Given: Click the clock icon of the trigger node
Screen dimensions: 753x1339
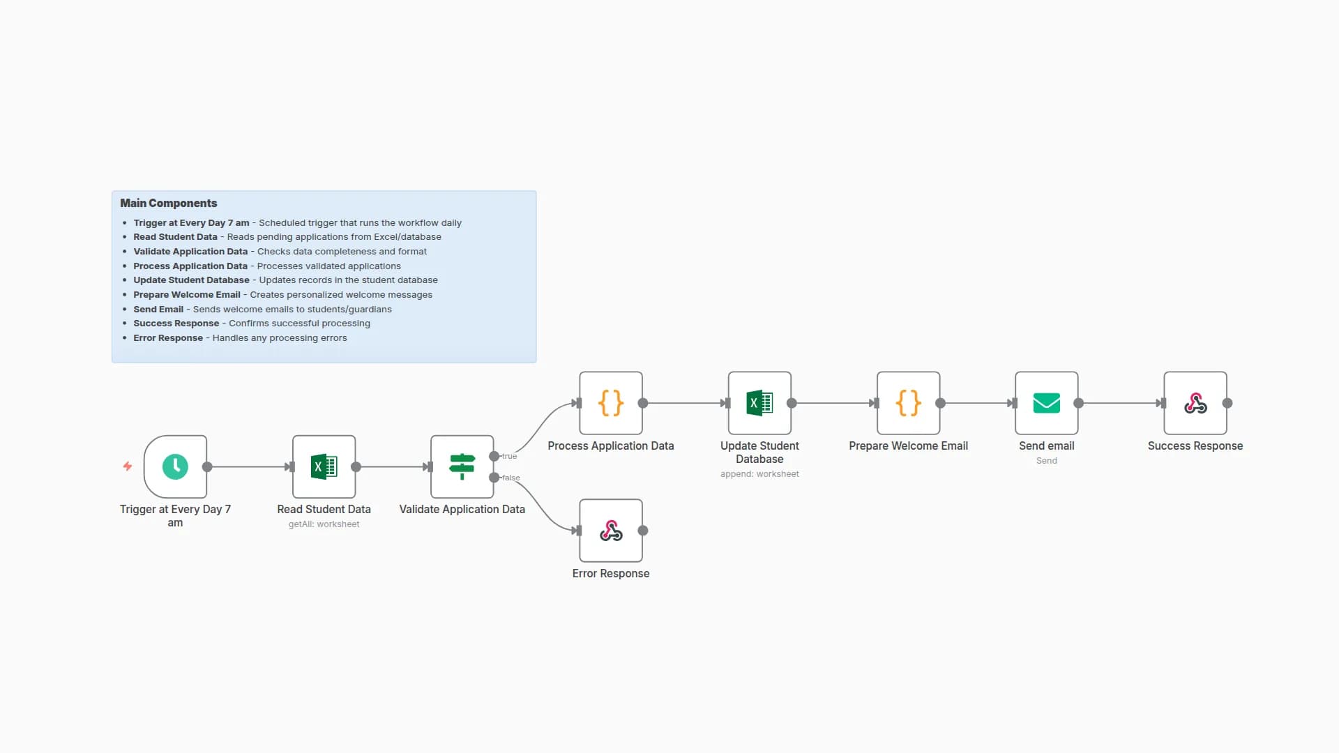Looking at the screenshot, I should click(x=175, y=466).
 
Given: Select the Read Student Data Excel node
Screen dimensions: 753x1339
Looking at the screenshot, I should click(x=324, y=466).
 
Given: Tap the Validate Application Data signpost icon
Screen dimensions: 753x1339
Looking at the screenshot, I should click(x=462, y=466).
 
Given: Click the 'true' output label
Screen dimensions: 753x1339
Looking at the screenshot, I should click(x=510, y=456).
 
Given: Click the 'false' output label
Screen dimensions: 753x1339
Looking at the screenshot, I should click(x=511, y=478).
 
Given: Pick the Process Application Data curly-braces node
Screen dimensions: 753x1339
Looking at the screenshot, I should click(x=610, y=403).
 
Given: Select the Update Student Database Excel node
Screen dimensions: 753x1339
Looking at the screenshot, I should click(x=759, y=403).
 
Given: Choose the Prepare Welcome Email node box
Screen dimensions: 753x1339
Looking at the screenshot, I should click(x=908, y=403).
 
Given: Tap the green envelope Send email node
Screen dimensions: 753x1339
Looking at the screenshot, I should click(x=1046, y=403).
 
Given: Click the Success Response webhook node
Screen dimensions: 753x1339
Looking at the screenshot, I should click(x=1195, y=403).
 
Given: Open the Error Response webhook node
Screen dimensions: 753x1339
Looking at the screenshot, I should click(x=610, y=531).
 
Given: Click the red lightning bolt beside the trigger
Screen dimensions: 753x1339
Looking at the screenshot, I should click(x=128, y=466).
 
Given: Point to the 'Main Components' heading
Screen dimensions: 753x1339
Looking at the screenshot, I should click(x=168, y=203).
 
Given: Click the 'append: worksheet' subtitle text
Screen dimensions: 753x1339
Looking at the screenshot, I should click(x=759, y=474).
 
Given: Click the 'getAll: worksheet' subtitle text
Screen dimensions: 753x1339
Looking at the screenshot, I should click(x=324, y=524).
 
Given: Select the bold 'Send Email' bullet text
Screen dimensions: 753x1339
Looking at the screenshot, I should click(x=158, y=309).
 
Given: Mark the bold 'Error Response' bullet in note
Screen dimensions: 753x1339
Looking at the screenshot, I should click(x=168, y=337).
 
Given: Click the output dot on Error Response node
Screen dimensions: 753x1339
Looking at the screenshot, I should click(x=643, y=531).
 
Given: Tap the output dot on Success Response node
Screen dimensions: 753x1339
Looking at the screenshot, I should click(x=1227, y=403).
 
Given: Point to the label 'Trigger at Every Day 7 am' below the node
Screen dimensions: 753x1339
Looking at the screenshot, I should click(x=175, y=516).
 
